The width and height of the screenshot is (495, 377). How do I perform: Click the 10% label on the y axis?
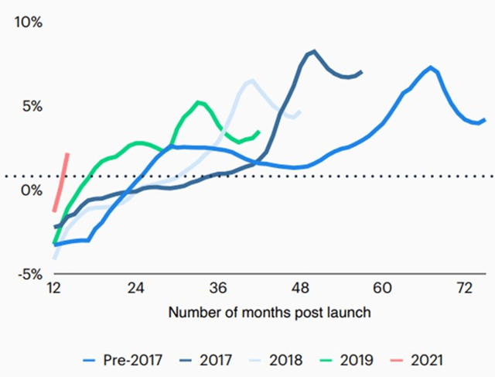(x=30, y=22)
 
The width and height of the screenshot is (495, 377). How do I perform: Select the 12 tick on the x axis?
(x=54, y=288)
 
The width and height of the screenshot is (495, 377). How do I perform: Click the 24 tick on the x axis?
(x=136, y=288)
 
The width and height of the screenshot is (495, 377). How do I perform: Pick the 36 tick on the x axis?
(x=218, y=288)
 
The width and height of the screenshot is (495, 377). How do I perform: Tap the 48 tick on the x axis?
(x=300, y=288)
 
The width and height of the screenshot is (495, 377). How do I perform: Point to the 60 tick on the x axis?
(x=382, y=288)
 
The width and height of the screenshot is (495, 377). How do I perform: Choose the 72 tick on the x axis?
(x=464, y=288)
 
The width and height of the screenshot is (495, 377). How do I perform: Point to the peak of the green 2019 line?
(x=199, y=101)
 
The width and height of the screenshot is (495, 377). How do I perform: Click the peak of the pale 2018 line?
(x=251, y=80)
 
